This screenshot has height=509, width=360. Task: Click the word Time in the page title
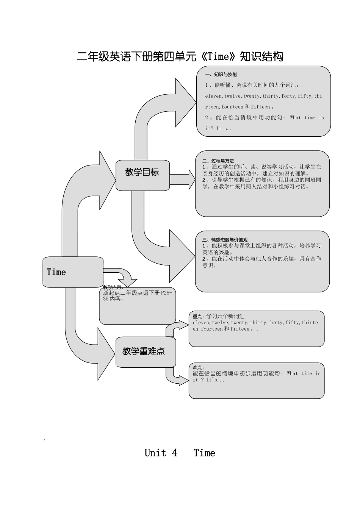[x=219, y=57]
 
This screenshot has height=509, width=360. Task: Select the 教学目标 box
[x=142, y=175]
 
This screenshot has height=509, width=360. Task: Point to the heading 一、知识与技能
[x=221, y=75]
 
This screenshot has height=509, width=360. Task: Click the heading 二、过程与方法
[x=218, y=161]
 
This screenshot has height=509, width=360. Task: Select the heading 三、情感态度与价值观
[x=225, y=240]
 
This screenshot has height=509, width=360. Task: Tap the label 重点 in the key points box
[x=197, y=317]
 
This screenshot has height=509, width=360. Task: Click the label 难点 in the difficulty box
[x=197, y=367]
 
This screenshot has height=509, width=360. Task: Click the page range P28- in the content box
[x=166, y=293]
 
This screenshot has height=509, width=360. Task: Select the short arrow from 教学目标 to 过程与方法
[x=183, y=180]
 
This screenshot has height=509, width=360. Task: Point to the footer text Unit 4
[x=161, y=453]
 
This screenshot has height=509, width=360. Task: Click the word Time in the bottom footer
[x=204, y=453]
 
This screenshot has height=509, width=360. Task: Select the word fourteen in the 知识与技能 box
[x=232, y=107]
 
